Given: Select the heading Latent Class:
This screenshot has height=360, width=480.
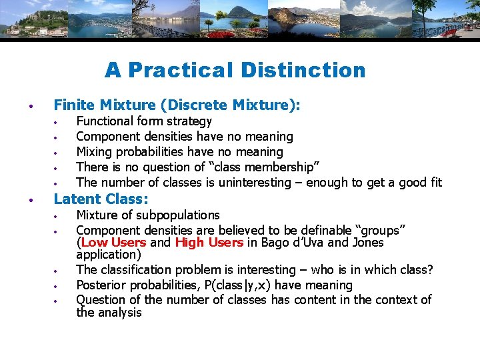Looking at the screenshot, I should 101,199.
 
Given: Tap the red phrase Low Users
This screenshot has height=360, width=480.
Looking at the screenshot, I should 113,243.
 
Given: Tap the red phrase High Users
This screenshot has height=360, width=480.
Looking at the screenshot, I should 209,243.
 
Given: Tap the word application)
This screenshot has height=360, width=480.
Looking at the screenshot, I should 109,254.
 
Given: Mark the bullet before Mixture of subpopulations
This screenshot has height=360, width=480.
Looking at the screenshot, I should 58,216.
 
